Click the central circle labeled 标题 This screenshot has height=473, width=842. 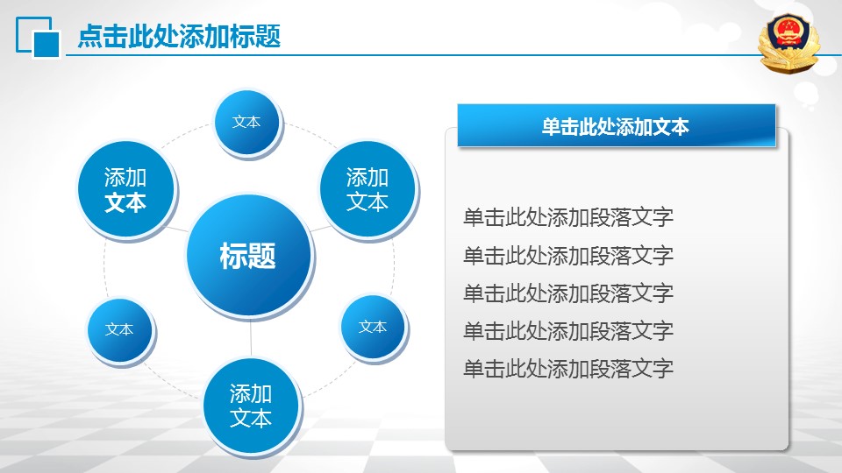point(249,256)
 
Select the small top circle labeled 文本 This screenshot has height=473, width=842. point(247,123)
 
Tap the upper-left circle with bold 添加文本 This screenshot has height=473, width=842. point(126,189)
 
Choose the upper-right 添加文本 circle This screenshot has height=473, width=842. point(367,189)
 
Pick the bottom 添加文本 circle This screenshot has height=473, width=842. point(252,406)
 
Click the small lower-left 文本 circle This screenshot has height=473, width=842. point(120,330)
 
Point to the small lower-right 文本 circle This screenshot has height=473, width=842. point(374,327)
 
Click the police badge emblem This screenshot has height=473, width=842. point(788,44)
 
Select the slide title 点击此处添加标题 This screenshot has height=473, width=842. point(179,37)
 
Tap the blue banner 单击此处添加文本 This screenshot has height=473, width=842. point(617,125)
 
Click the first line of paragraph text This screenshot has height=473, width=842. point(568,217)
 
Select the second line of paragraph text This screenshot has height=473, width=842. point(568,255)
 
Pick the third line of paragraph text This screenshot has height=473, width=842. point(568,293)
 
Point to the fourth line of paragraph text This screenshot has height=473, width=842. point(568,331)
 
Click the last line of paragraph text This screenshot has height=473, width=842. point(568,369)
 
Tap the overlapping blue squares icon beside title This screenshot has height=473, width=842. point(38,37)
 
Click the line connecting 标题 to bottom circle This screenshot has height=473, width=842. point(251,338)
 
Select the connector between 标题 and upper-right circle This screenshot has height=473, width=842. point(320,228)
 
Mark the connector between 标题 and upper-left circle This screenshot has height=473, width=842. point(177,229)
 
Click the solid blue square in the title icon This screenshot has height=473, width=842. point(46,44)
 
